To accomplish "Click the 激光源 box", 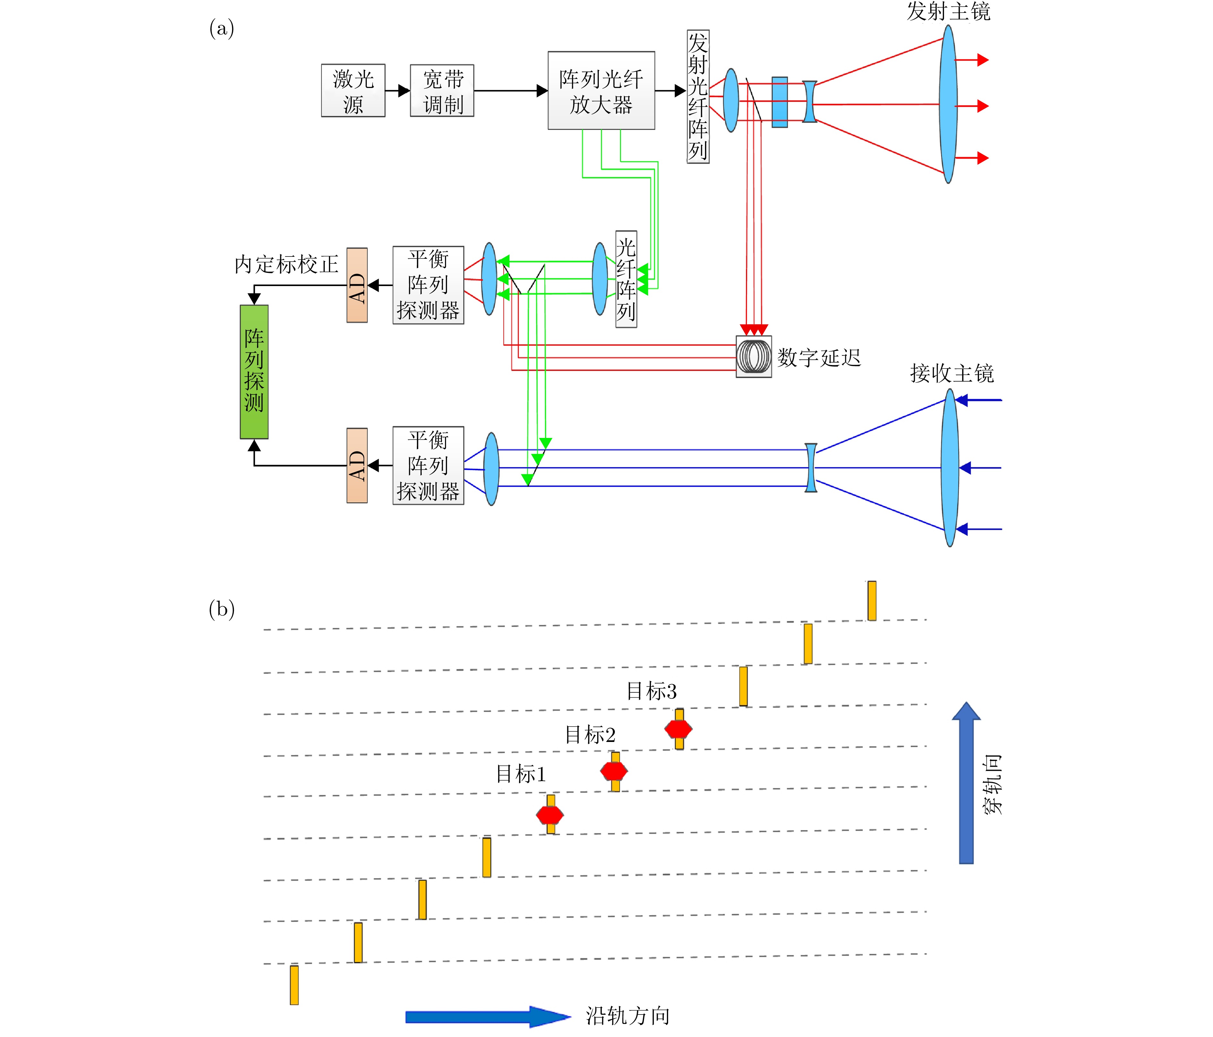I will click(x=353, y=91).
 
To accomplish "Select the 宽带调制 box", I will click(x=442, y=91).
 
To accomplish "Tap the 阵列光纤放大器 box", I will click(x=601, y=91).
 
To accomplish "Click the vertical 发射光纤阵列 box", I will click(x=698, y=97).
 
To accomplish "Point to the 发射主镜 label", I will click(x=948, y=12).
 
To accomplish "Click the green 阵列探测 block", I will click(x=254, y=372).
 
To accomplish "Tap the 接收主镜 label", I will click(x=952, y=373).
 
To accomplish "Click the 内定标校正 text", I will click(x=286, y=265).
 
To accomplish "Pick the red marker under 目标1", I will click(x=550, y=815).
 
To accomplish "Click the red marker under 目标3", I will click(x=678, y=729).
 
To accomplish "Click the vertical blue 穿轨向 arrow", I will click(x=966, y=785).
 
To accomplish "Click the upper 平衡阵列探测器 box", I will click(x=428, y=285).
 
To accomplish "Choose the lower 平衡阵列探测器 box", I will click(x=428, y=466).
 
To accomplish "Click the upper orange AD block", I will click(x=357, y=285).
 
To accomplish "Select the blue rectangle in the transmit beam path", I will click(x=779, y=102).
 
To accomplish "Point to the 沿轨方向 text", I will click(x=628, y=1016).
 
